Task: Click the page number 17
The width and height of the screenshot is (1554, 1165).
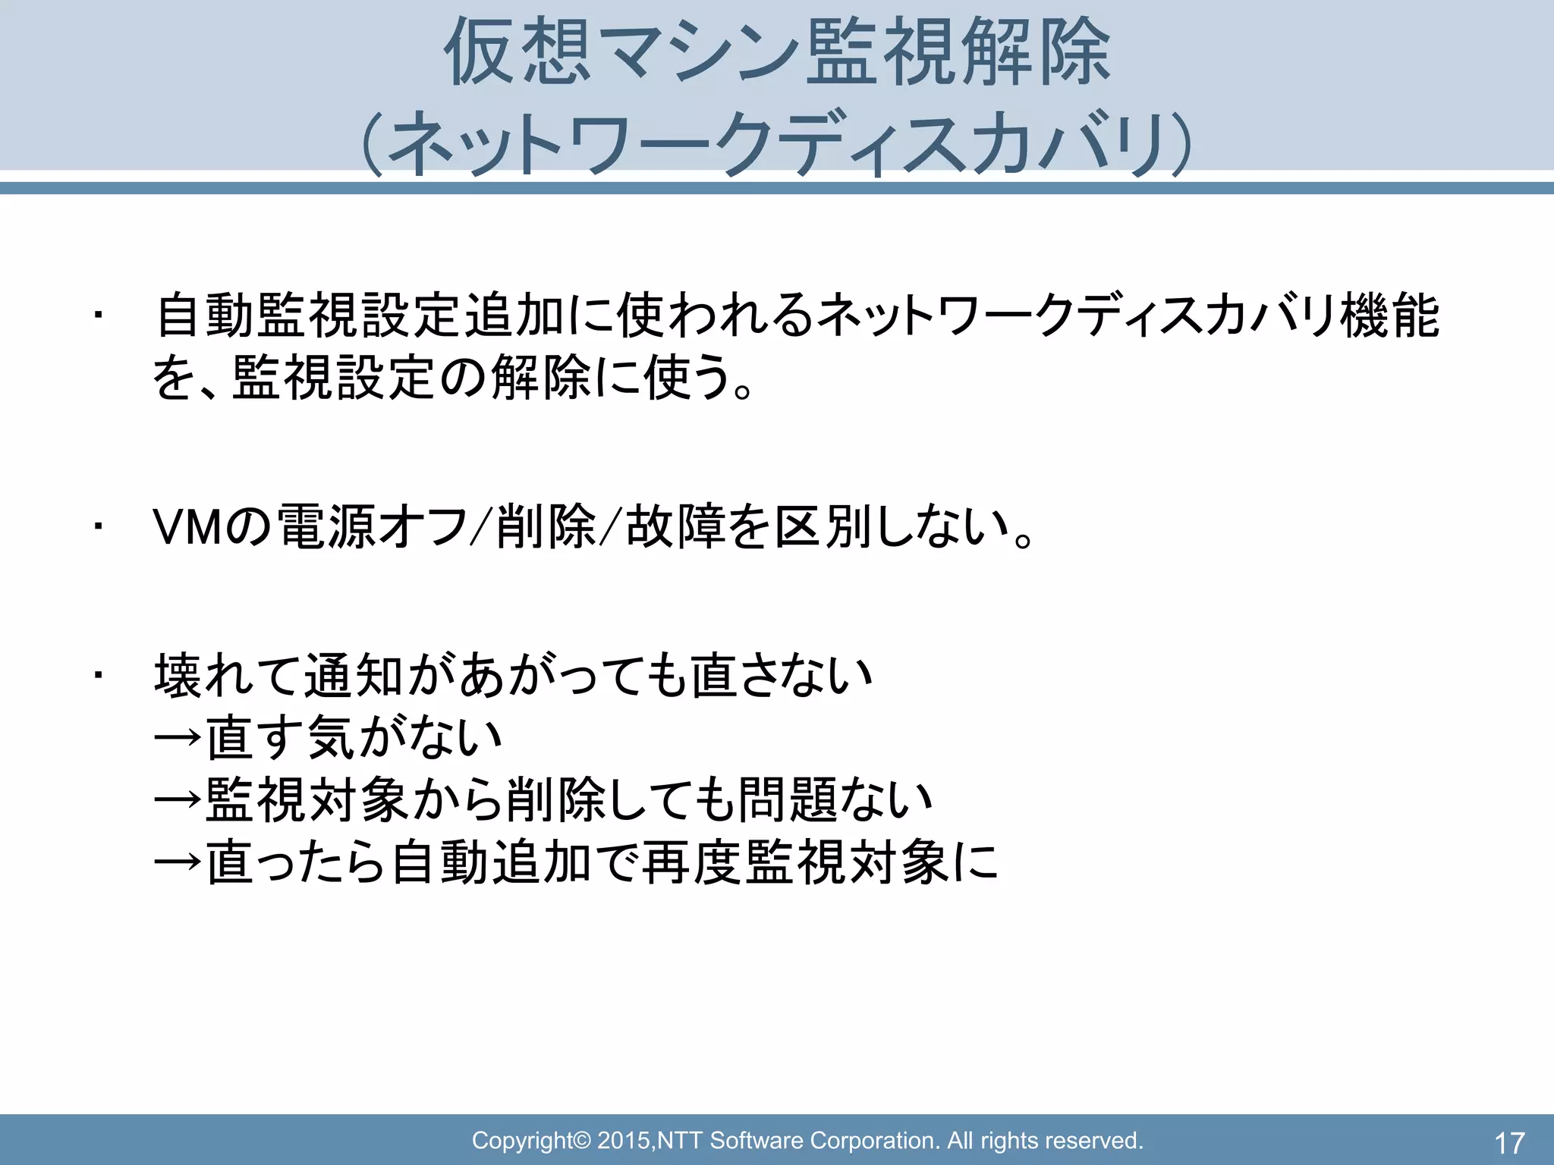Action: click(1509, 1142)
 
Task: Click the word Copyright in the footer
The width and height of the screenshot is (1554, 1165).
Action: click(522, 1140)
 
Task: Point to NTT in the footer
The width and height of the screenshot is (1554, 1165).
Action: click(681, 1140)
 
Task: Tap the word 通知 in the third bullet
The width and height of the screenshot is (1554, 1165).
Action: click(354, 674)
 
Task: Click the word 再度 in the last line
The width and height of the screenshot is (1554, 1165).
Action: click(691, 862)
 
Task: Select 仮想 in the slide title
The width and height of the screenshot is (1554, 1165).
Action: click(517, 55)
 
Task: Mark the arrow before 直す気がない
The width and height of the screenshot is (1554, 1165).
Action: click(178, 737)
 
